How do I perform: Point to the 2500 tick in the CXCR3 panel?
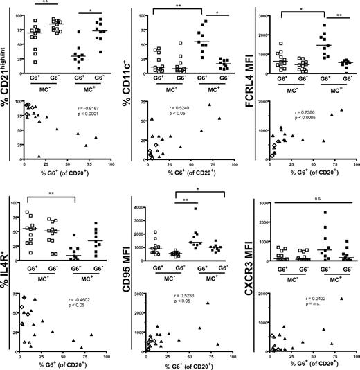[259, 212]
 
